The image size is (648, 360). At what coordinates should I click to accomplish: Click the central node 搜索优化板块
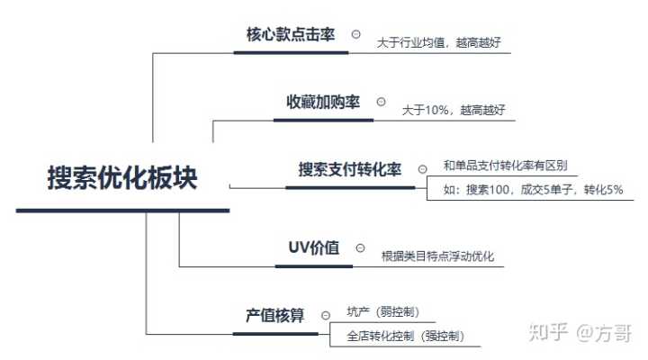point(121,177)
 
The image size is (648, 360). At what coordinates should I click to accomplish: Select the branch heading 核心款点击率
point(290,34)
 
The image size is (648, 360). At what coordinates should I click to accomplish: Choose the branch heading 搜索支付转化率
point(350,169)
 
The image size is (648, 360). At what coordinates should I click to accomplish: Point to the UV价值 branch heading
point(313,247)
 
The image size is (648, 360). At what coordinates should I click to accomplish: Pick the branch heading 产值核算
point(275,316)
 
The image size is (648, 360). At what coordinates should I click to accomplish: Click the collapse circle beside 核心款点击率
point(356,34)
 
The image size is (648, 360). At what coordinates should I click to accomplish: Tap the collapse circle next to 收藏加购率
point(381,103)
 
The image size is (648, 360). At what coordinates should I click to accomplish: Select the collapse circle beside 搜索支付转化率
point(422,169)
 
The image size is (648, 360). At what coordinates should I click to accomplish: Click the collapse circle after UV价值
point(360,247)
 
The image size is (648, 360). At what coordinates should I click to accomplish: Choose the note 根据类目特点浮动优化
point(437,256)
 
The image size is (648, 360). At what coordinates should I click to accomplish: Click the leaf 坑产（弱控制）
point(382,312)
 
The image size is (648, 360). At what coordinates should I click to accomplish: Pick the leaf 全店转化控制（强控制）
point(405,337)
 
